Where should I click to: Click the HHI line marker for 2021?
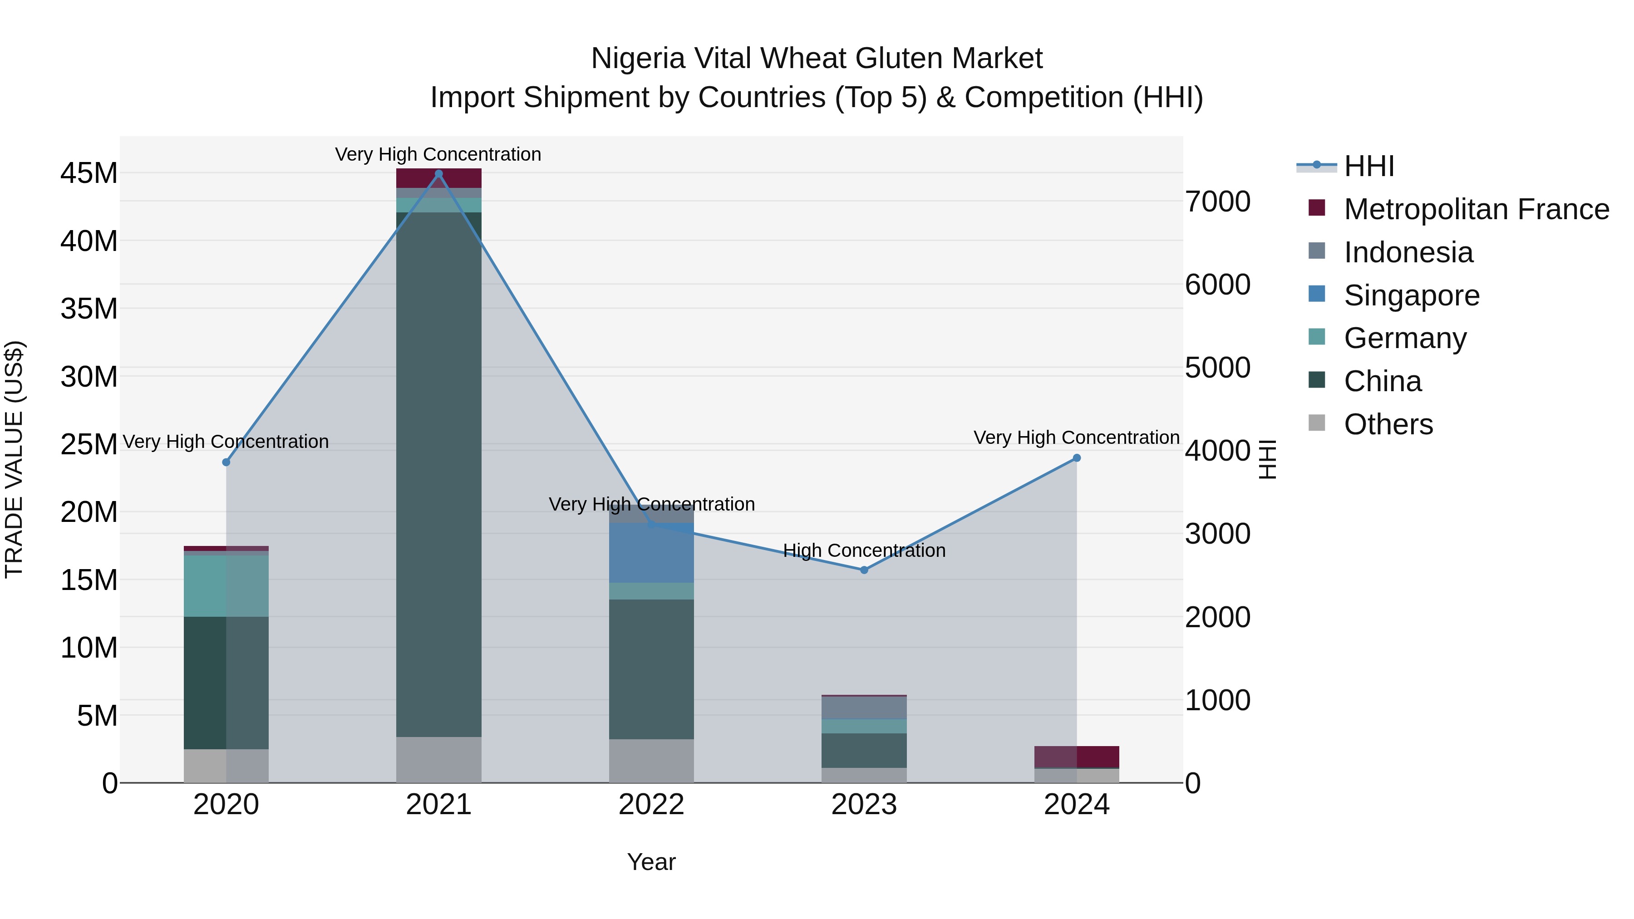438,174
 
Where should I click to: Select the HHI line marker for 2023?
864,570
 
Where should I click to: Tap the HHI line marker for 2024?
1077,458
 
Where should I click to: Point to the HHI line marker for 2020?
226,462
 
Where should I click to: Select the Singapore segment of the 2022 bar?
651,552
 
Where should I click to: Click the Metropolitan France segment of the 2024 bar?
1077,757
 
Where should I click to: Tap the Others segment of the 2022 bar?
651,761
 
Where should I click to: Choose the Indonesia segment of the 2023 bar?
864,707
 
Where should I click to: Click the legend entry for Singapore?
1411,295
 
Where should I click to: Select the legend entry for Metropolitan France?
1476,209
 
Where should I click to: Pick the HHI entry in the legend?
1369,166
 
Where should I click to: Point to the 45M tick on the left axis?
89,173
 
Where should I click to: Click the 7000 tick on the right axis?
1217,201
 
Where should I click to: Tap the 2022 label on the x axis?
651,805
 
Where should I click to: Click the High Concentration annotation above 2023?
864,550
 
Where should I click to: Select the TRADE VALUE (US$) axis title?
14,459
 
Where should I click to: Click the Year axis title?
651,862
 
